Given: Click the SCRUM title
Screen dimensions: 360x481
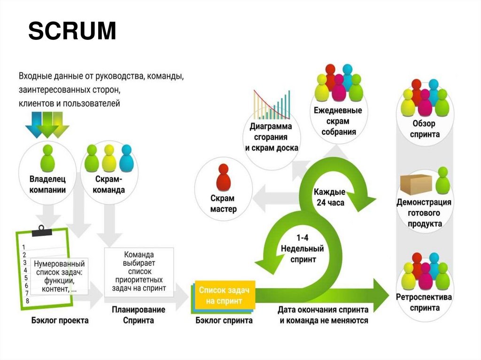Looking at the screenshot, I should coord(72,32).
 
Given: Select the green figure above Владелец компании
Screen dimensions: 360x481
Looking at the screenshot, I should coord(47,158).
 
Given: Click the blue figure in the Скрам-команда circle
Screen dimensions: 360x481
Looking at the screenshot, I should coord(126,158).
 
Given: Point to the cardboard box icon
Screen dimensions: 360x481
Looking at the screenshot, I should coord(416,185).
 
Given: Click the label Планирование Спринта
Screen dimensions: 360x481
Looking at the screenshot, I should coord(138,315).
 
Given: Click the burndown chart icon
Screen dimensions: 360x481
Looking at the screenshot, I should coord(272,104).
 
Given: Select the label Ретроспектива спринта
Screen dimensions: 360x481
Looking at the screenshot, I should coord(424,302).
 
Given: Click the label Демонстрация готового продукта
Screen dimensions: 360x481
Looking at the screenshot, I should coord(425,213).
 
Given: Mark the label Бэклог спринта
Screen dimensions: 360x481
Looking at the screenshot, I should coord(224,321).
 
